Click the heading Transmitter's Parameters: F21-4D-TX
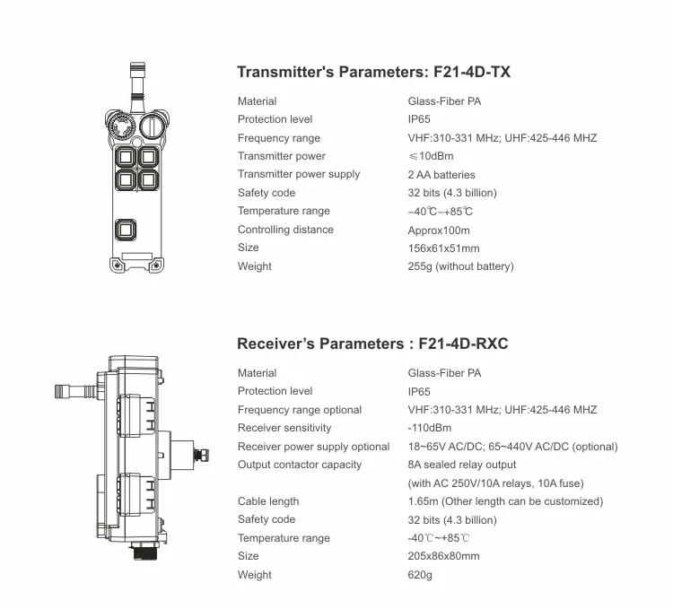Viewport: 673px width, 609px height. coord(373,72)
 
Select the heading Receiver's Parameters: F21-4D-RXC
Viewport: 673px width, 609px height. coord(372,344)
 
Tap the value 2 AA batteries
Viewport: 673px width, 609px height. coord(441,175)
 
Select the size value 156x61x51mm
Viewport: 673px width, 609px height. coord(443,248)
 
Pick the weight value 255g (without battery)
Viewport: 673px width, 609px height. coord(460,266)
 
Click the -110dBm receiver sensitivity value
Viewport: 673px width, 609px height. coord(429,428)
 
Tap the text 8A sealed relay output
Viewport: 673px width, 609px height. coord(462,465)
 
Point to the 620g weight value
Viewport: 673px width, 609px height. coord(420,575)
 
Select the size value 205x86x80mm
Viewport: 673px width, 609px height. coord(443,556)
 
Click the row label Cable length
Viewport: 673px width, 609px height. coord(268,501)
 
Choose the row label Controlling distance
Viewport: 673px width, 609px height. coord(285,230)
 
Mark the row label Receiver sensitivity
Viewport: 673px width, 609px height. coord(284,428)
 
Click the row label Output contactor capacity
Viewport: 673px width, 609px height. coord(300,465)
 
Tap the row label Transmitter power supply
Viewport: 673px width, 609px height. coord(299,174)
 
